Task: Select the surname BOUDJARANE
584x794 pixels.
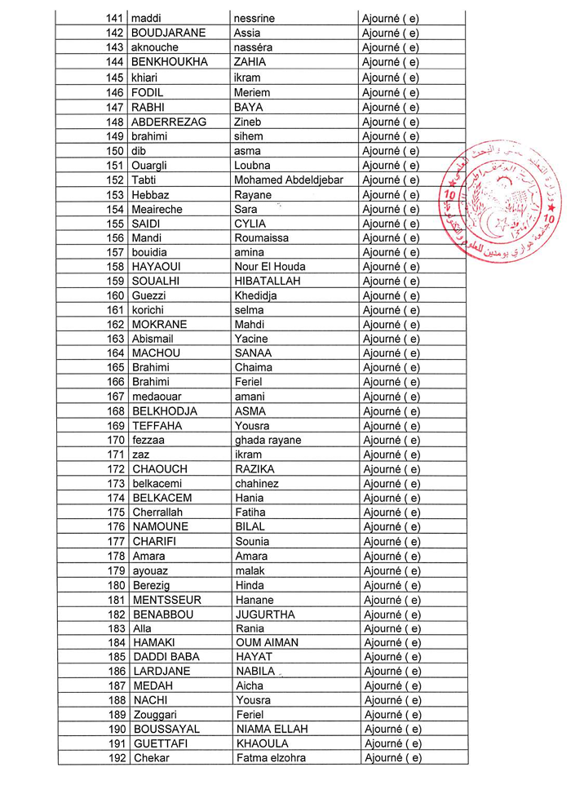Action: coord(168,33)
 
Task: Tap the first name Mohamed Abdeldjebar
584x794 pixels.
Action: coord(288,180)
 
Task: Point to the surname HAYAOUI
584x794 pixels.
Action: coord(161,267)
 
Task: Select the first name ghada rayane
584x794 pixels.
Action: coord(268,441)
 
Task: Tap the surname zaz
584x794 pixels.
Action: coord(140,455)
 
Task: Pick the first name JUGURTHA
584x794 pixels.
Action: coord(266,614)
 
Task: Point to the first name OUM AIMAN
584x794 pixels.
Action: coord(267,643)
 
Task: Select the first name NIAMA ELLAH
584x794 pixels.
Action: coord(272,730)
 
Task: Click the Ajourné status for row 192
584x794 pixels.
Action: coord(393,759)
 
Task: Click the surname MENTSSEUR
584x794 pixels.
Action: coord(167,600)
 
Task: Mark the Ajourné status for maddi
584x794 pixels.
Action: coord(390,18)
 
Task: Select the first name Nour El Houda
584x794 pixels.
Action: coord(270,267)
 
